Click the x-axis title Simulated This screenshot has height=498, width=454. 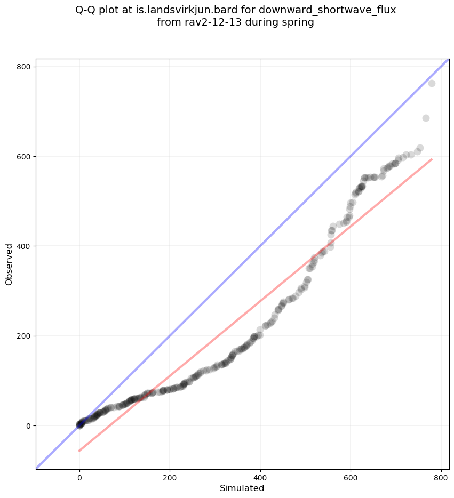242,488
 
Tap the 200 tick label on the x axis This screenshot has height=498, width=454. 170,476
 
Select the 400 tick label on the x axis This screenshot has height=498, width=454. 260,476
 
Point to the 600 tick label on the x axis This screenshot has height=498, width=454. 351,476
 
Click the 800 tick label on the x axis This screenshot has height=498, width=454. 441,476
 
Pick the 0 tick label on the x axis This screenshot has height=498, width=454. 79,476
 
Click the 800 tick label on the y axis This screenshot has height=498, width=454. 22,67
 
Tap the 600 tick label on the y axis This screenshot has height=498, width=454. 22,156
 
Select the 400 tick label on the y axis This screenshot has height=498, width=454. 22,246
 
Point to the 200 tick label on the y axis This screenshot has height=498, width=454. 22,336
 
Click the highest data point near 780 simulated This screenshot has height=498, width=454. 432,83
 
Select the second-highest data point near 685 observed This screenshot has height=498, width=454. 426,118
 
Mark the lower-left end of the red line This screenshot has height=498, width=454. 79,451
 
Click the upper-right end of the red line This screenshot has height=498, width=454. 432,159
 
